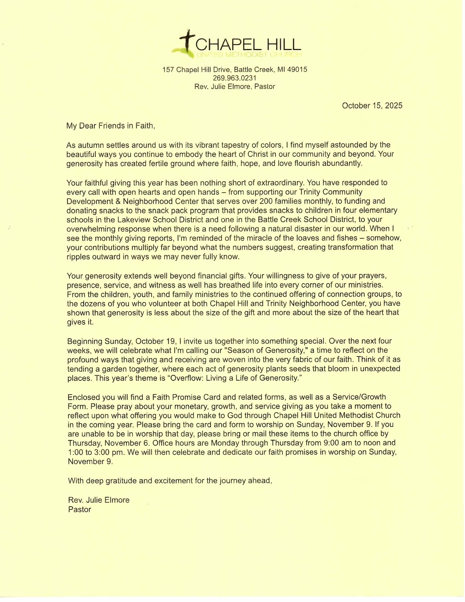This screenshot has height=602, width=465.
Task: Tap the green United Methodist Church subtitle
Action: pyautogui.click(x=249, y=54)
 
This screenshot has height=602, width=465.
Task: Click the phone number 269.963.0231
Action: pyautogui.click(x=234, y=78)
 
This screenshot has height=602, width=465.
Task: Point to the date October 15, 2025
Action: pyautogui.click(x=372, y=106)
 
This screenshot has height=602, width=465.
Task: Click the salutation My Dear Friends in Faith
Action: pyautogui.click(x=111, y=126)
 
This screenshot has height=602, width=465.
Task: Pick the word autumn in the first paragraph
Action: pyautogui.click(x=90, y=145)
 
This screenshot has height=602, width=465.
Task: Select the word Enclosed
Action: pyautogui.click(x=84, y=397)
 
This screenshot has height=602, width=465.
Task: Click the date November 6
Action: pyautogui.click(x=127, y=443)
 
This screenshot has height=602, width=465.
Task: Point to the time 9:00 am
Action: pyautogui.click(x=341, y=443)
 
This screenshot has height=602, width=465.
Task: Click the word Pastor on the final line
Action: pyautogui.click(x=80, y=509)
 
